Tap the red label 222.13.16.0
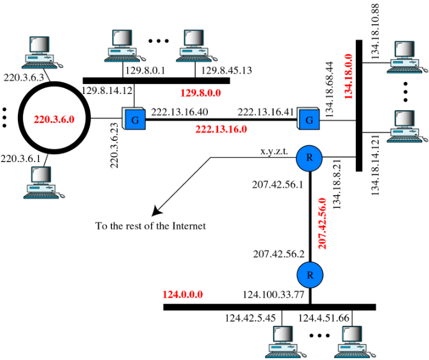click(221, 129)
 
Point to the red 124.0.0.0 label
click(183, 294)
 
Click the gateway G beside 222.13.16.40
click(133, 118)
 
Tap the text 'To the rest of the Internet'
click(150, 226)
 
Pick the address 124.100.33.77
click(273, 295)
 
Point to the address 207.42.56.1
click(276, 184)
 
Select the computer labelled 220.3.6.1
click(40, 182)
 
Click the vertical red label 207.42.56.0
click(322, 223)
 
